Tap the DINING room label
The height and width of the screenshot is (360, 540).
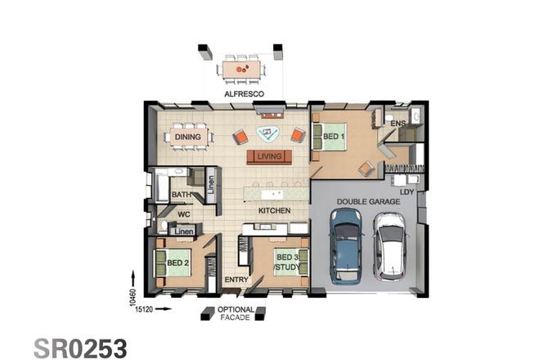pos(187,137)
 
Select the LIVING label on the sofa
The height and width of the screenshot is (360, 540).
pos(269,155)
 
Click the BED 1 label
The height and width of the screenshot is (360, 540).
pos(332,136)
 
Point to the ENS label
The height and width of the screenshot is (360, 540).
pos(398,124)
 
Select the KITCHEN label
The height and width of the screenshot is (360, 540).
pos(275,210)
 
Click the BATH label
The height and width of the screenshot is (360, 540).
pos(182,195)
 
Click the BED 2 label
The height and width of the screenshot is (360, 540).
pos(178,263)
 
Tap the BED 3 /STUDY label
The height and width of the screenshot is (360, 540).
pos(288,263)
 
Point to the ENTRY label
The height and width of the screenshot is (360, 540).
pos(236,280)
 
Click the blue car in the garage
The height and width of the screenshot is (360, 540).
pos(345,245)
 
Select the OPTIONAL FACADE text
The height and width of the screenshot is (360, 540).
pos(236,313)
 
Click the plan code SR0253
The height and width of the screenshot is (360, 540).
pos(80,346)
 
